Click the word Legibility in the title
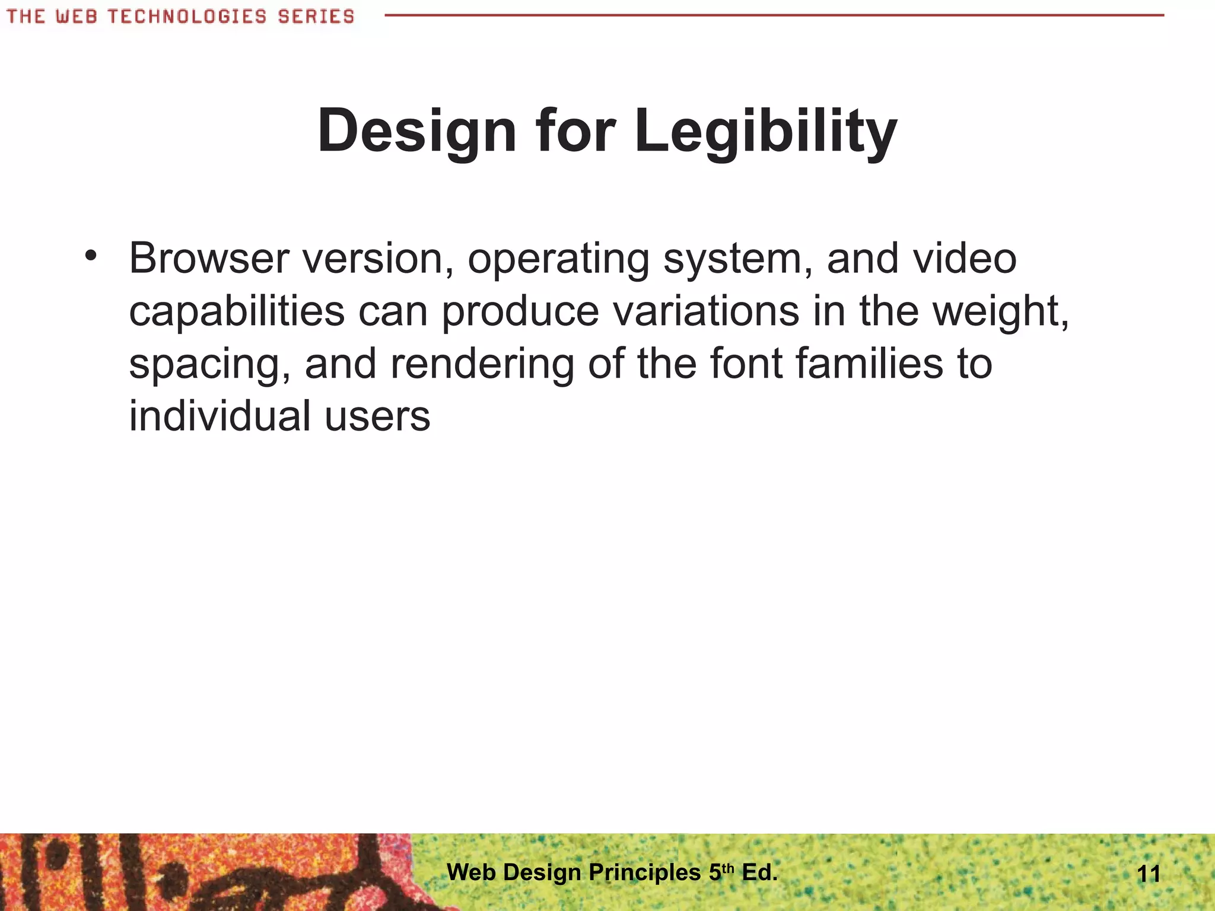(765, 132)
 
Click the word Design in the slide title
(416, 132)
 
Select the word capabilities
(237, 312)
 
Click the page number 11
(1149, 874)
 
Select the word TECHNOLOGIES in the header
(187, 17)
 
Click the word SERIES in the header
(316, 17)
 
